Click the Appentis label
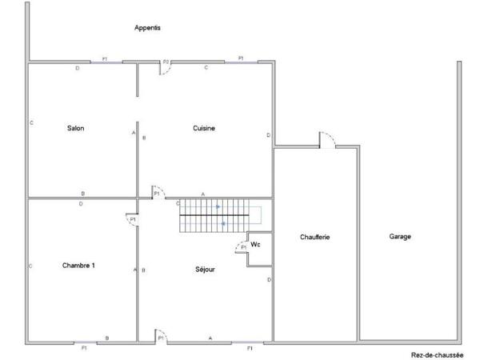147,27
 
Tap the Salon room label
76,128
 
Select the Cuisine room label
204,128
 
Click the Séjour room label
206,270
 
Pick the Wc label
255,244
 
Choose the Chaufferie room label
315,237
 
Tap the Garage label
400,237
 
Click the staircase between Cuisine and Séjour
221,216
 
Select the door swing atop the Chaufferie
326,139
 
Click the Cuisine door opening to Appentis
166,67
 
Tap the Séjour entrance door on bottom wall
161,336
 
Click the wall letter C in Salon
30,123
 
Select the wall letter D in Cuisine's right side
268,134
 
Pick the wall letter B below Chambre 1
107,338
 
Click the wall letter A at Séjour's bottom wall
210,338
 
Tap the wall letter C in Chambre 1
30,266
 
